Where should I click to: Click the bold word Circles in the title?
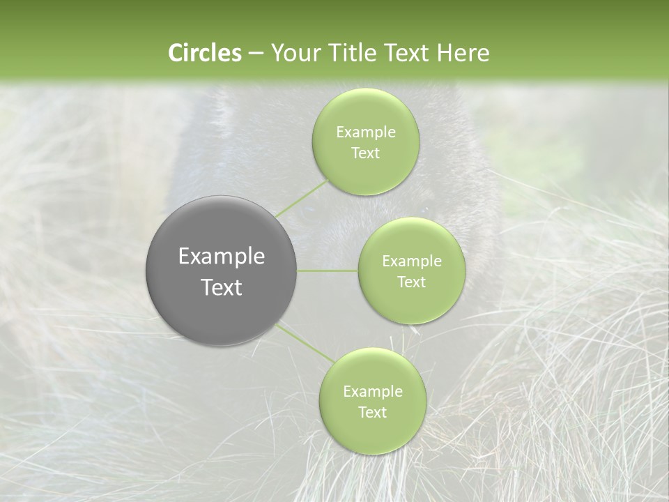(204, 53)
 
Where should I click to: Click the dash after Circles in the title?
(255, 54)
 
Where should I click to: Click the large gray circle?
(222, 271)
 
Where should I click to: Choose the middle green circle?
(411, 271)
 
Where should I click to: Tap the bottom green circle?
(372, 401)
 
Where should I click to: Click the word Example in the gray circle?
(222, 257)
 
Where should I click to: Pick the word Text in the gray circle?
(222, 287)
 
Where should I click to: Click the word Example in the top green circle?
(366, 132)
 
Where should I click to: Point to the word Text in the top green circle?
(366, 153)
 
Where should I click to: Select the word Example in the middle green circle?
(411, 261)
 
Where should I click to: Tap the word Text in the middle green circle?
(411, 282)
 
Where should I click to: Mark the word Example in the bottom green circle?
(372, 392)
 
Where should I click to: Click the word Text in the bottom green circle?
(372, 413)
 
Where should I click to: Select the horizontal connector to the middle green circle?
(328, 271)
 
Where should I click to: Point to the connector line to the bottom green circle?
(305, 343)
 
